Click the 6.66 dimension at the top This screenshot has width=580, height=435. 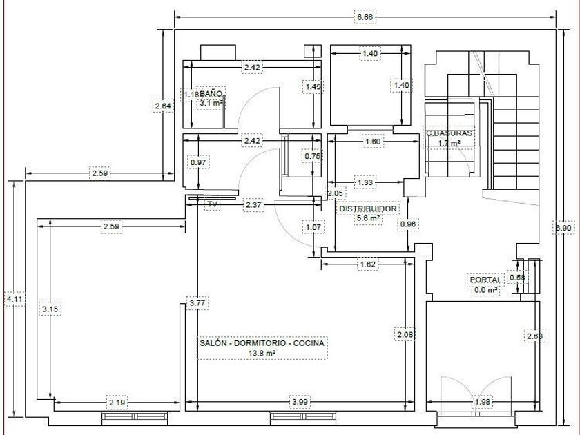click(x=365, y=17)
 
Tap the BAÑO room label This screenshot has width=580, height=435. click(x=211, y=94)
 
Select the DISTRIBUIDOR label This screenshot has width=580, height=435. click(x=368, y=209)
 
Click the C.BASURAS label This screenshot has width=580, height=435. click(x=449, y=133)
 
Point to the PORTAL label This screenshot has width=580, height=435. click(x=485, y=280)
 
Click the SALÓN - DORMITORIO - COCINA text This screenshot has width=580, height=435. click(x=262, y=343)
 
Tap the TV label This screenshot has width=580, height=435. click(x=213, y=204)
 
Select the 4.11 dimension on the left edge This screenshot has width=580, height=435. click(x=14, y=299)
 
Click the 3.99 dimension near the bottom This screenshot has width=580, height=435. click(x=300, y=401)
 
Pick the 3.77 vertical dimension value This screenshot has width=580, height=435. click(x=198, y=303)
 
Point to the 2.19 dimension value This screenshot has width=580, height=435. click(x=117, y=402)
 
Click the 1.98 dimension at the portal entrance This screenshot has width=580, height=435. click(x=483, y=402)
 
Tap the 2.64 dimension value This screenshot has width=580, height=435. click(x=163, y=106)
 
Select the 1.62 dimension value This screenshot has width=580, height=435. click(x=367, y=264)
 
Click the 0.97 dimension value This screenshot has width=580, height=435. click(x=199, y=162)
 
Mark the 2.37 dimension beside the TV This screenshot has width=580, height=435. click(x=253, y=204)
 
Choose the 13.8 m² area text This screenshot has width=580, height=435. click(x=262, y=354)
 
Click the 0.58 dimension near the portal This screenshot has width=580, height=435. click(x=517, y=277)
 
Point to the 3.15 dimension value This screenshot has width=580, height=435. click(x=50, y=309)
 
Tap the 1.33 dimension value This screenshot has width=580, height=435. click(x=365, y=182)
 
